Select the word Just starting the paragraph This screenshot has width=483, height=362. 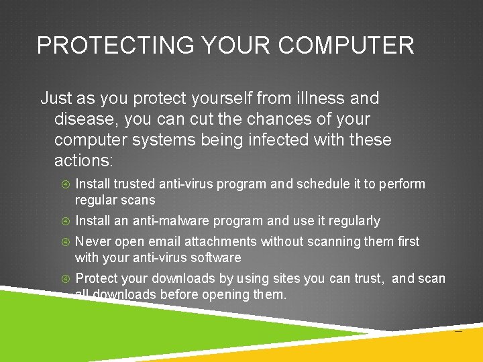tap(56, 99)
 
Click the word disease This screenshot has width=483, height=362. tap(86, 119)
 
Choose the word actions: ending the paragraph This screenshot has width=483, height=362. tap(84, 161)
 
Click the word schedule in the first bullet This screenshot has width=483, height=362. tap(325, 184)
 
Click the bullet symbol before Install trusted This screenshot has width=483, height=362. tap(65, 184)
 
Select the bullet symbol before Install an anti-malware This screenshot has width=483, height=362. tap(65, 221)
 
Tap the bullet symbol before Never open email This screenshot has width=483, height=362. tap(65, 241)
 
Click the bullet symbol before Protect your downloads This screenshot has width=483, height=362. tap(65, 278)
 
